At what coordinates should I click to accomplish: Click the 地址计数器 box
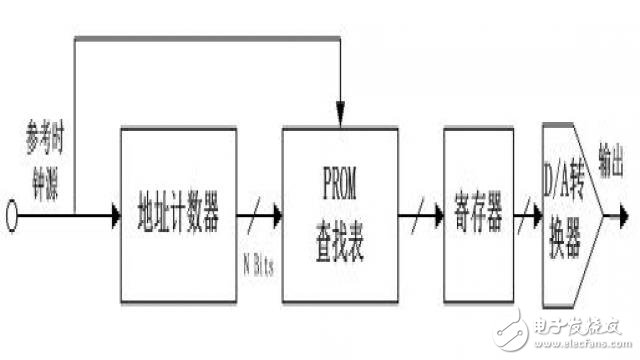click(x=177, y=214)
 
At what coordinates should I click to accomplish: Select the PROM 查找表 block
click(x=342, y=214)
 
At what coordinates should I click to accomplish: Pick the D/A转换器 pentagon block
click(x=570, y=214)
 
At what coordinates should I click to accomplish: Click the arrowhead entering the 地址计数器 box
click(x=111, y=214)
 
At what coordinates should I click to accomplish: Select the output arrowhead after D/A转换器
click(x=624, y=214)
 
